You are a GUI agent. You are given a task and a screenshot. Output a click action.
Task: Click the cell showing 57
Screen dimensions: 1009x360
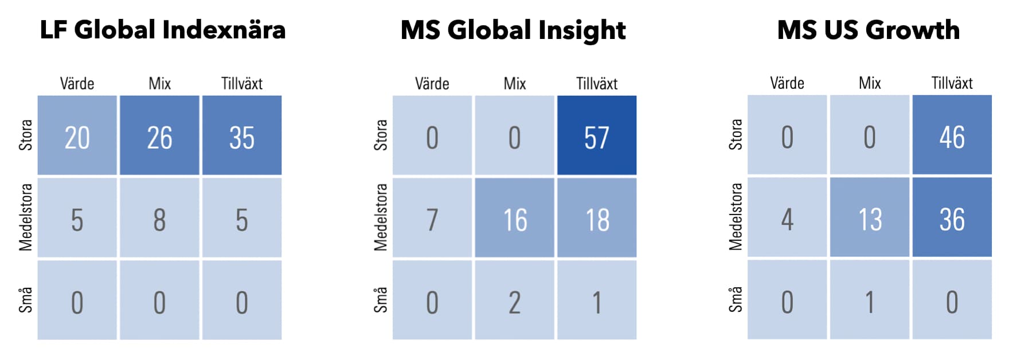click(x=597, y=135)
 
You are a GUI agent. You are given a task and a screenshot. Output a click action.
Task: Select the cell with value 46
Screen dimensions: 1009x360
click(x=952, y=135)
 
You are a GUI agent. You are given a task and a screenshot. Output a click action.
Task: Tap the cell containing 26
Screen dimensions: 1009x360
click(x=159, y=135)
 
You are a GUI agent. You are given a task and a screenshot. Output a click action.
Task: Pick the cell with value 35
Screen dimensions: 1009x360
click(x=242, y=135)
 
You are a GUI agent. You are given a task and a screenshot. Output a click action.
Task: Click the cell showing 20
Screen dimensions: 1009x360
click(x=77, y=135)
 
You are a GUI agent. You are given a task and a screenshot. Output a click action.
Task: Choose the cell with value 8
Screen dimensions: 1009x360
click(x=159, y=218)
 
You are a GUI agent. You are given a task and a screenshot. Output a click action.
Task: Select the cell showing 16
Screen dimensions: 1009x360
click(x=515, y=218)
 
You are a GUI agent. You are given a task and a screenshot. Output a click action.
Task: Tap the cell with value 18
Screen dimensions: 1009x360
click(x=597, y=218)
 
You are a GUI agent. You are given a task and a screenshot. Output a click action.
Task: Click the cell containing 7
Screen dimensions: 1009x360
click(x=432, y=218)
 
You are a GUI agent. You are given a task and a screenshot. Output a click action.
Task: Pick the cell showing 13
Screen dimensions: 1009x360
click(x=870, y=217)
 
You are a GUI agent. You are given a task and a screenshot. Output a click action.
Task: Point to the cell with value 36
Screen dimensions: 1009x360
click(x=952, y=217)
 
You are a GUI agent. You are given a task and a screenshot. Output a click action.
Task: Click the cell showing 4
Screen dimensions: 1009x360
click(x=787, y=217)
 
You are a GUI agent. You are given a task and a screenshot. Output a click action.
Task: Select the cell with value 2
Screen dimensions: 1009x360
click(x=515, y=300)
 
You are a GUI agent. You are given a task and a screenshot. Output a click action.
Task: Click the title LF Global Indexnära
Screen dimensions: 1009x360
click(x=163, y=30)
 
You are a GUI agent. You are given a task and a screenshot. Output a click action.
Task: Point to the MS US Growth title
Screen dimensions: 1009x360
click(x=869, y=30)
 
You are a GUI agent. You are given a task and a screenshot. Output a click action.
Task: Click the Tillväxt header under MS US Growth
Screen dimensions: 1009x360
click(x=952, y=83)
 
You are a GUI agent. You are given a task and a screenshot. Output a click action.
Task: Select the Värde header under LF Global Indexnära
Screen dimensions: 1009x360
click(x=77, y=84)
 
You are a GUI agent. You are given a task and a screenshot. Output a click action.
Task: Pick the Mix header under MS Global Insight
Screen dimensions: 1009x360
click(x=515, y=84)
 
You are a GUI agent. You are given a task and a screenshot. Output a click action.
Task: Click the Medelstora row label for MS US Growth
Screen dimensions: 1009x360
click(x=736, y=217)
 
